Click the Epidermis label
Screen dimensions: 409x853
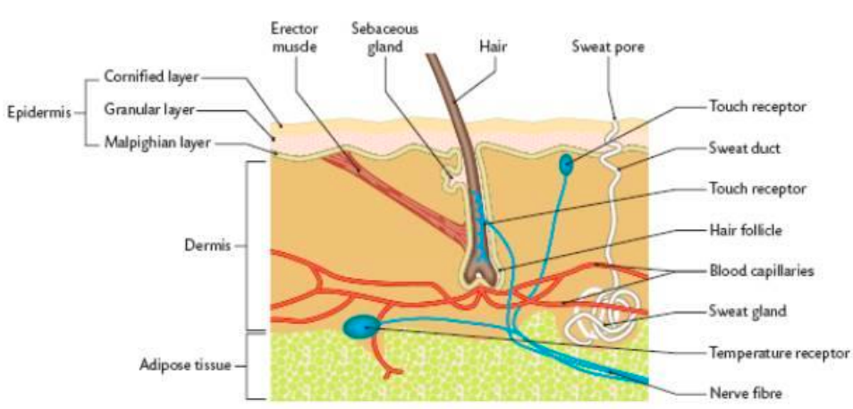click(x=36, y=114)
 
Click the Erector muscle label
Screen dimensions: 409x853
click(x=294, y=37)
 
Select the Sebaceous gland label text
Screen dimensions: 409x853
click(x=384, y=37)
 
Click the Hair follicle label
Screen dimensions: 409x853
click(x=746, y=230)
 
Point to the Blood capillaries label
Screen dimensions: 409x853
click(x=761, y=270)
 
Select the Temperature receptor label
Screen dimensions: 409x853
click(x=778, y=353)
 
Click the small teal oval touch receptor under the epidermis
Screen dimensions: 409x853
click(x=566, y=165)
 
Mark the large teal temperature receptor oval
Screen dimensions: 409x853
click(x=361, y=327)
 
